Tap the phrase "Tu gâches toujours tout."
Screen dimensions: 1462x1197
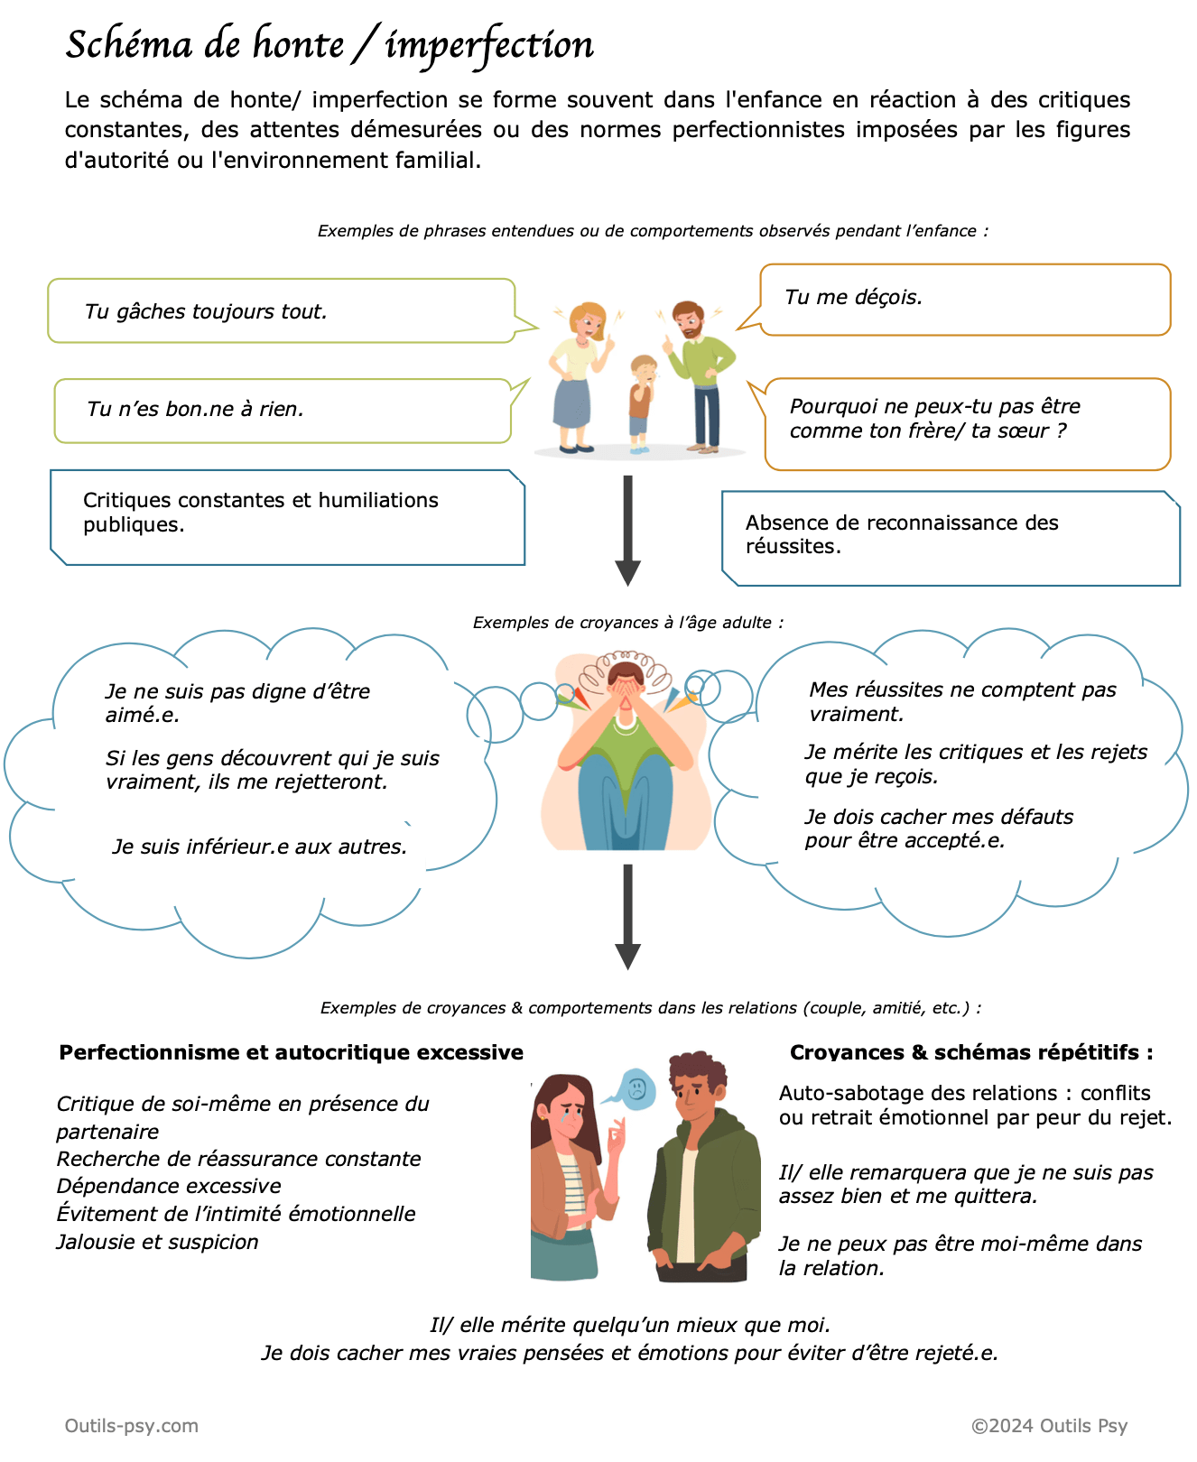pos(206,312)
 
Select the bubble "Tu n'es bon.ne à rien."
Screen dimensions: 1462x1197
pos(195,410)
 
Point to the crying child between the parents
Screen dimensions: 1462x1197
pos(641,402)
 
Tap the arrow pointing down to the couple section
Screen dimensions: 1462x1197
pos(627,916)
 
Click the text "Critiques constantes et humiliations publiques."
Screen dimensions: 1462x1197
pos(260,513)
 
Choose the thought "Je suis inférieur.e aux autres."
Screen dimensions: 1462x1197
pos(260,847)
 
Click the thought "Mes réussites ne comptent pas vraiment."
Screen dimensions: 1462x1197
pos(961,702)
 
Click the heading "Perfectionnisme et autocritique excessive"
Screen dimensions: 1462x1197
pos(291,1053)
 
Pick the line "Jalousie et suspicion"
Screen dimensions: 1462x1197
pos(157,1243)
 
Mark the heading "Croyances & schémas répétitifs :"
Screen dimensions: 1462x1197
pos(971,1053)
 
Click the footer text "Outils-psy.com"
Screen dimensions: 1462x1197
pos(132,1426)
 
